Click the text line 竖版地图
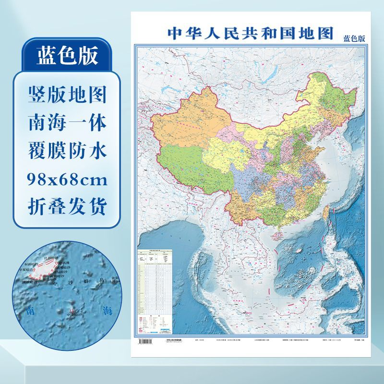[67, 96]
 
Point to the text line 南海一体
[67, 123]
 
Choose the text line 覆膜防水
[67, 152]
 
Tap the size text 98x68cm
[67, 180]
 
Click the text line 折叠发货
[67, 207]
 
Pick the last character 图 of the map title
[325, 33]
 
